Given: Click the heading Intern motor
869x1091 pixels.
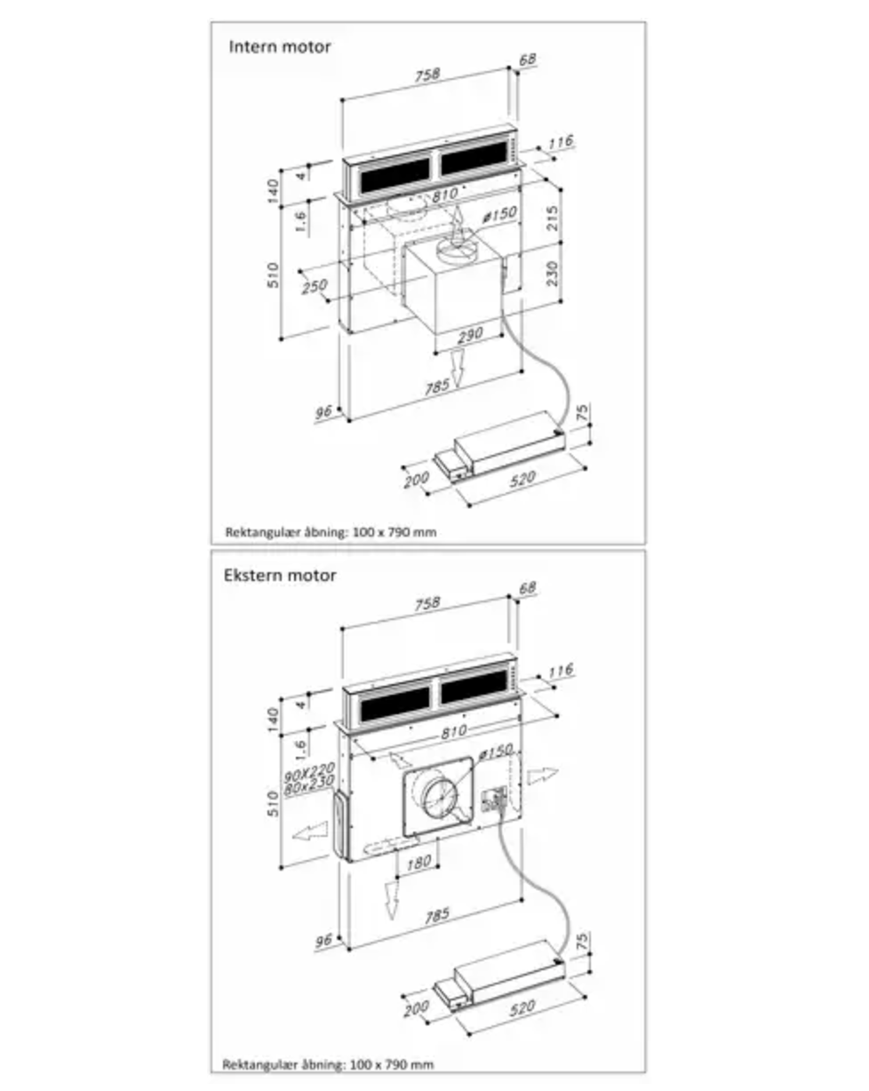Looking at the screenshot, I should [280, 47].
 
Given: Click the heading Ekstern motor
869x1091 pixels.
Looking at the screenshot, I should [280, 575].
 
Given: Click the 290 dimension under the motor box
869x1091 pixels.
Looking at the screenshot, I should [470, 334].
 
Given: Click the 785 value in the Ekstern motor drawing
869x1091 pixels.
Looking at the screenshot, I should [437, 913].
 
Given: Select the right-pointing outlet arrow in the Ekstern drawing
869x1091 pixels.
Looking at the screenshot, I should [541, 776].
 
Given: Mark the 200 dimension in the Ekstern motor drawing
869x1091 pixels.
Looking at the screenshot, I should [415, 1010].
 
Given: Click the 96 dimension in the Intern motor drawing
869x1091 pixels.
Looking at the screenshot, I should [324, 411].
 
